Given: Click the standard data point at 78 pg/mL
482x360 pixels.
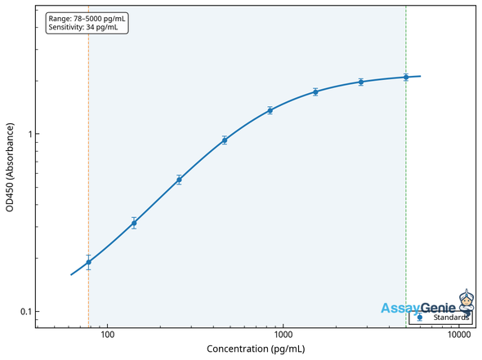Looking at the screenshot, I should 88,262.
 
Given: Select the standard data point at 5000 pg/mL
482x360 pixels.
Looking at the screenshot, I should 406,78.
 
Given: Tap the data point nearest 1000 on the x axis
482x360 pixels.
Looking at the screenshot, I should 270,110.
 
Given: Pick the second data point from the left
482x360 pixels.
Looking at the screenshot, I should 134,223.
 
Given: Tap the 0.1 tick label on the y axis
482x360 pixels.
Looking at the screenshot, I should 23,312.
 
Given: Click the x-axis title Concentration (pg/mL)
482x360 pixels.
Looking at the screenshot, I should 256,349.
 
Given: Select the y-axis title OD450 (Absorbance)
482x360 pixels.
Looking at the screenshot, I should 10,167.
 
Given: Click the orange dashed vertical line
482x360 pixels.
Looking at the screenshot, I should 88,163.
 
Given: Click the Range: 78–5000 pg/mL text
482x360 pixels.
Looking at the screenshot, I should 87,18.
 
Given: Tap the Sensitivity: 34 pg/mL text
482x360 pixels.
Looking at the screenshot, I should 83,27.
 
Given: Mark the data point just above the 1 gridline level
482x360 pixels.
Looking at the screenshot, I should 270,110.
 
